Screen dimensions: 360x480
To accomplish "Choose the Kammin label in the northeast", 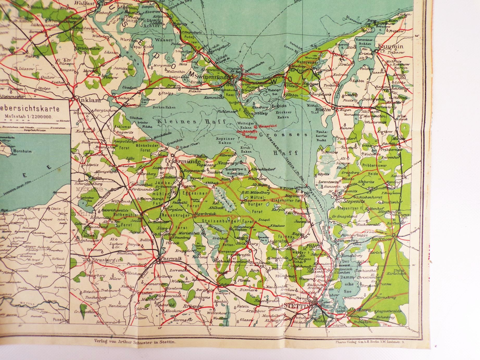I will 391,47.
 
